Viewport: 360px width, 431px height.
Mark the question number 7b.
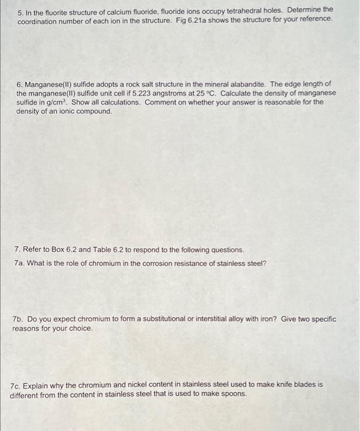18,319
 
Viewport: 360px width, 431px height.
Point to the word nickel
123,384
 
